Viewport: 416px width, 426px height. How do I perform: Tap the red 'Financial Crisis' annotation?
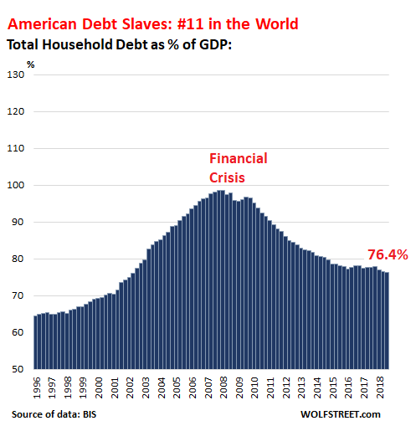(x=237, y=167)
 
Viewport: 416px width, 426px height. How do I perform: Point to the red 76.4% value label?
(x=387, y=254)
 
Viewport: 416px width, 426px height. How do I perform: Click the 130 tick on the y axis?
(x=16, y=74)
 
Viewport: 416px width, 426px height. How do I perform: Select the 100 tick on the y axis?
(x=16, y=185)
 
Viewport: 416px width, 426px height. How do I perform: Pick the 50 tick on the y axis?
(x=18, y=370)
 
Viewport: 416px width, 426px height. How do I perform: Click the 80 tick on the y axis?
(x=18, y=259)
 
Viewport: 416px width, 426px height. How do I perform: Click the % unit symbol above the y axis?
(x=31, y=63)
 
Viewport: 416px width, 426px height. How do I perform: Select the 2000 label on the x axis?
(x=98, y=387)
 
